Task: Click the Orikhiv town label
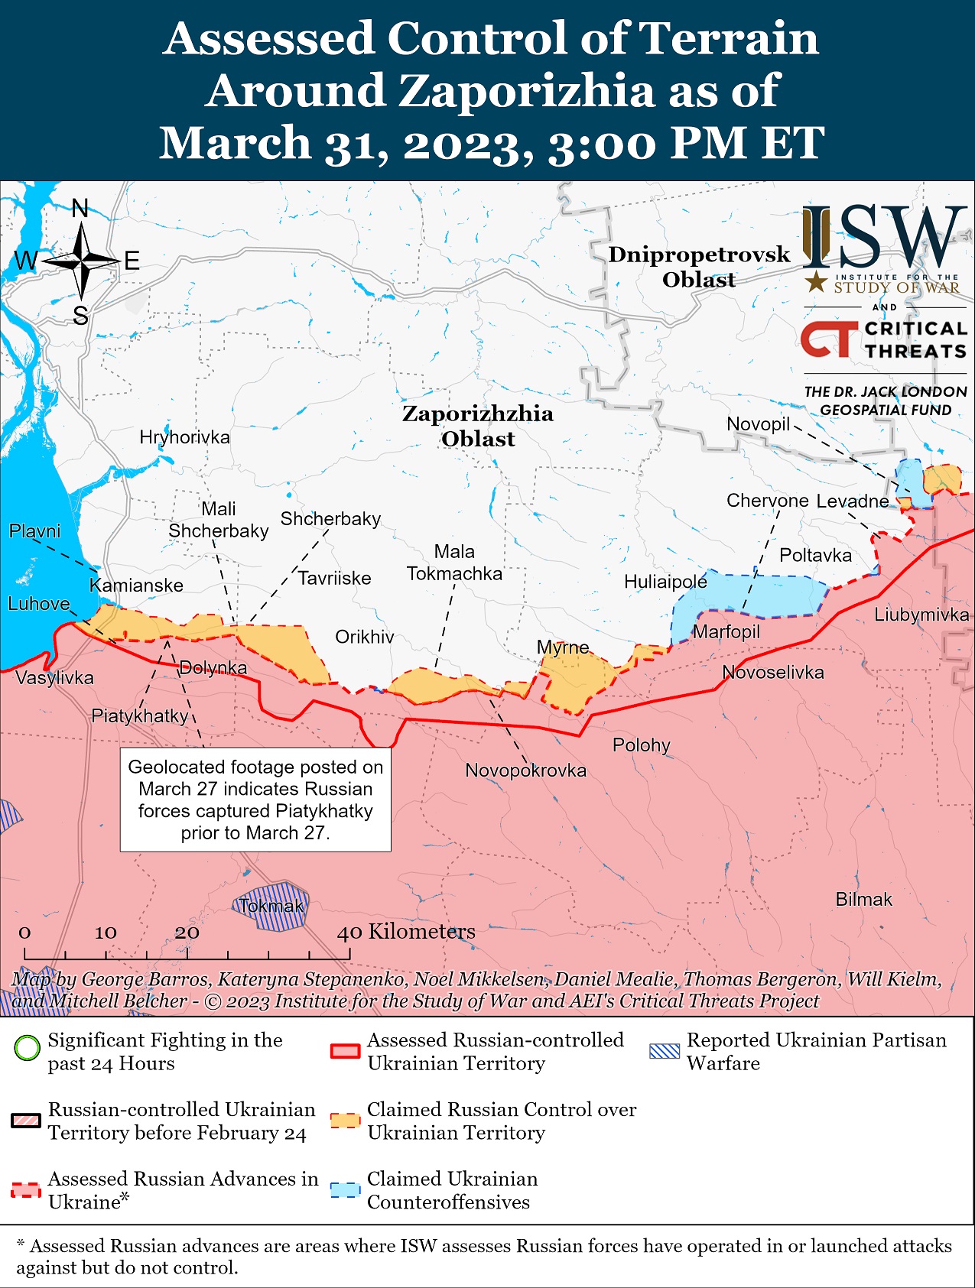pos(365,637)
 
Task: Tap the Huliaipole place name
pos(665,582)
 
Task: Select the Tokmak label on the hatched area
pos(271,907)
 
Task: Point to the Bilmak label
pos(863,900)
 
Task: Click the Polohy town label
pos(641,745)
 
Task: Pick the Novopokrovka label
pos(525,771)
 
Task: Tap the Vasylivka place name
pos(54,678)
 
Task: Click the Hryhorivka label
pos(184,437)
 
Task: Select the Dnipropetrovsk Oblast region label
pos(698,267)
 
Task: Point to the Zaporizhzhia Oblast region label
pos(478,426)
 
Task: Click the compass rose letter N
pos(80,208)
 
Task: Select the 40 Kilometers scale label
pos(407,932)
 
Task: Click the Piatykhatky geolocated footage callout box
pos(255,800)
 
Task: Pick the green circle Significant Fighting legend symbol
pos(27,1047)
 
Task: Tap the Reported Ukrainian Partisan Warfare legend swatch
pos(664,1051)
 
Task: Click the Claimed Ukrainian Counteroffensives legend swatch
pos(345,1191)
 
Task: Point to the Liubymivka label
pos(921,615)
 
